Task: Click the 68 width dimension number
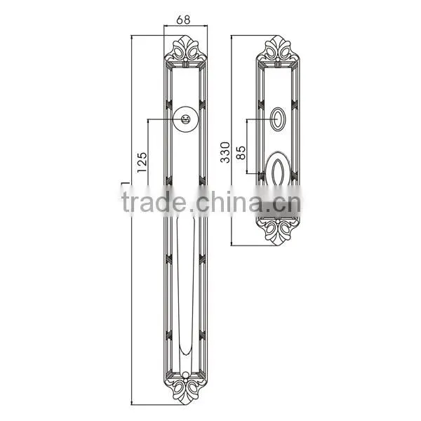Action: [183, 20]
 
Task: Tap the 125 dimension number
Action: [142, 163]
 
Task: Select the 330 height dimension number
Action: [225, 152]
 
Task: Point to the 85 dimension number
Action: [241, 153]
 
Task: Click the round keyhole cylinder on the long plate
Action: [185, 119]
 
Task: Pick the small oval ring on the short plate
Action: [278, 119]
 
